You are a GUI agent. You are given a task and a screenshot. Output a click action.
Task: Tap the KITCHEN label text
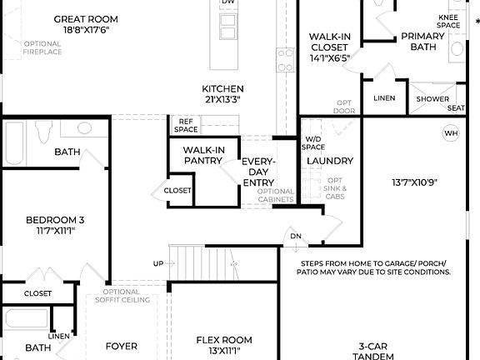coord(222,89)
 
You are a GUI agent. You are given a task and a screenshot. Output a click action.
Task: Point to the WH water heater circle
coord(450,133)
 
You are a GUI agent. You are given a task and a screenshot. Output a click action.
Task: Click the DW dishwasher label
coord(227,3)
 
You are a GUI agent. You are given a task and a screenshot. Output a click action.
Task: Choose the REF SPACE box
coord(185,125)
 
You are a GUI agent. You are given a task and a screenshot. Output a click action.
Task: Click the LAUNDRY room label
coord(329,161)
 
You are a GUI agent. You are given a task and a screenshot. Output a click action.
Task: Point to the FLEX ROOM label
coord(223,340)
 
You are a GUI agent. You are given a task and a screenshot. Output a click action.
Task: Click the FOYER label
coord(121,346)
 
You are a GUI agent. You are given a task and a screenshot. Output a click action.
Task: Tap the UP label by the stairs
coord(158,263)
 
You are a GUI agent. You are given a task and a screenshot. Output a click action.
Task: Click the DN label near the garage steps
coord(295,236)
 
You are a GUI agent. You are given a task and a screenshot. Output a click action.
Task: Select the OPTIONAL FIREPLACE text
coord(42,48)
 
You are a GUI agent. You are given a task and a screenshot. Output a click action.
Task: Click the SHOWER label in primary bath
coord(432,98)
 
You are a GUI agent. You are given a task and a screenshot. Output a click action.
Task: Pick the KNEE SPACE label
coord(449,21)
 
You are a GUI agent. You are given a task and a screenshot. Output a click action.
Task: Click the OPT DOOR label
coord(343,107)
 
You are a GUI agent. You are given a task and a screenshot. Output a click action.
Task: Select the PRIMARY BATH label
coord(422,42)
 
